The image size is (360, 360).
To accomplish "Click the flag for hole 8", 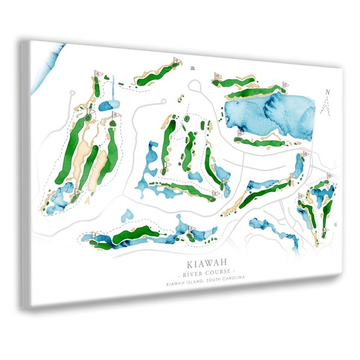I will (97, 74).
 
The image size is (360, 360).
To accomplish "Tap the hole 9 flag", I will (177, 60).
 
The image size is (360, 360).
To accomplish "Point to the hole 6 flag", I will (78, 191).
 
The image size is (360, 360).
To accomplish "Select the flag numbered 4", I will (95, 234).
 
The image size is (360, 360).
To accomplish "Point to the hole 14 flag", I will (293, 176).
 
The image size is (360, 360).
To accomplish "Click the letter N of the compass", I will (327, 92).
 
